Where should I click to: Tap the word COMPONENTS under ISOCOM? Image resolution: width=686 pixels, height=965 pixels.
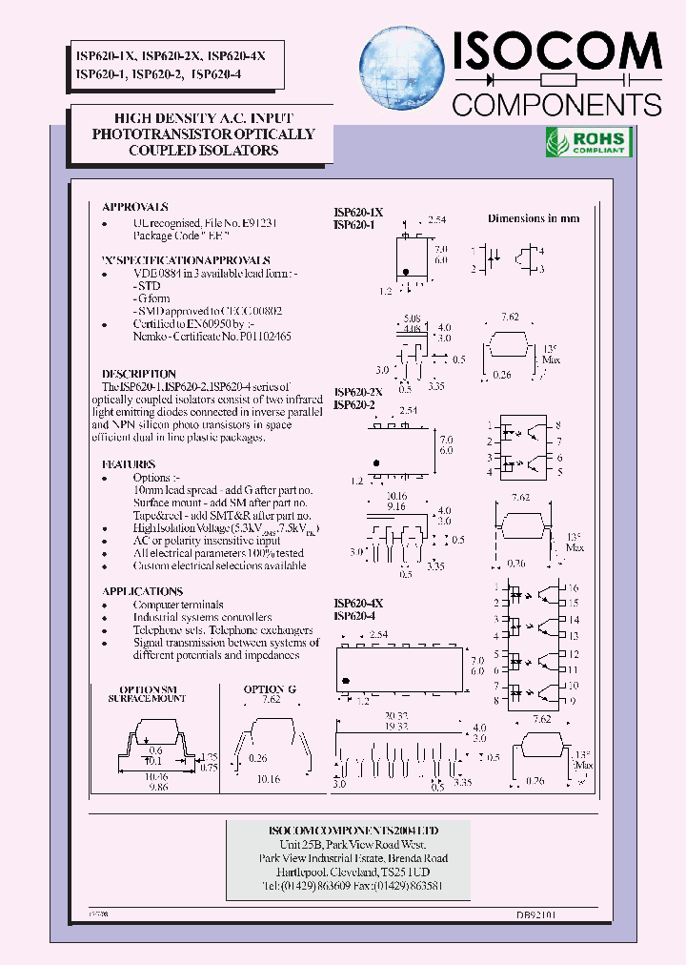pos(556,103)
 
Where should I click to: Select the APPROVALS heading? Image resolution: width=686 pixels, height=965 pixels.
pos(135,206)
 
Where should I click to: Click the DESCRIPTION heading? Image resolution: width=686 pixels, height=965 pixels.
pos(139,374)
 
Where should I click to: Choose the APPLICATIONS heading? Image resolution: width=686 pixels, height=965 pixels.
pos(143,591)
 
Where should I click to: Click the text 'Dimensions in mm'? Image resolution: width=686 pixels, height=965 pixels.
pos(534,218)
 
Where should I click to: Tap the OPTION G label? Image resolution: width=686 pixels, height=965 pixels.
pos(270,688)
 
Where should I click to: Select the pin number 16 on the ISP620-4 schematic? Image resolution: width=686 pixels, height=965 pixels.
pos(574,589)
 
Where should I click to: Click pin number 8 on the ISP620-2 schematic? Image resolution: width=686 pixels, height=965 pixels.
pos(558,424)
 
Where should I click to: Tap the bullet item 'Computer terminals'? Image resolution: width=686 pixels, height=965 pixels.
pos(178,605)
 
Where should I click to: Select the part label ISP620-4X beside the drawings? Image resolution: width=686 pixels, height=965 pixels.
pos(358,603)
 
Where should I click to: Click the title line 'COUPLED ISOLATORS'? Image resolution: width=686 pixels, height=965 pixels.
pos(203,150)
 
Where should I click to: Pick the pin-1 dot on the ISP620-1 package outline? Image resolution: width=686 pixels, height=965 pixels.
pos(407,272)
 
